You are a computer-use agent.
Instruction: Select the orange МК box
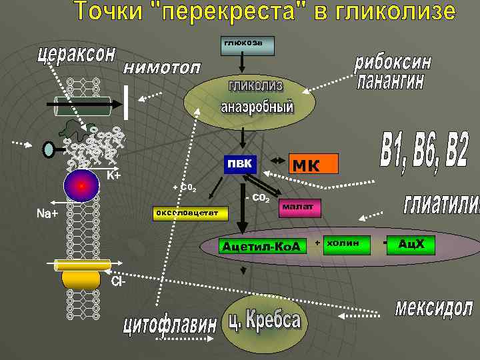coord(313,164)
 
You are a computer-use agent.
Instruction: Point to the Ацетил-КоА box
coord(262,245)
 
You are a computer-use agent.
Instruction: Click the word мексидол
coord(433,308)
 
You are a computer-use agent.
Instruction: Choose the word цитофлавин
coord(169,327)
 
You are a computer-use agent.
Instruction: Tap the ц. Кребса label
coord(265,321)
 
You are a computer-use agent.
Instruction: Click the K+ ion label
coord(113,175)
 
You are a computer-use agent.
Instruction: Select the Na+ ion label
coord(47,213)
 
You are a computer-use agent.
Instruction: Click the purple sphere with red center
coord(81,186)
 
